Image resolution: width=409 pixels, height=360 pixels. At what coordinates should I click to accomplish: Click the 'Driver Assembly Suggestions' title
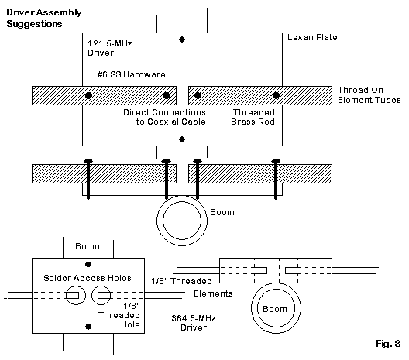pos(44,18)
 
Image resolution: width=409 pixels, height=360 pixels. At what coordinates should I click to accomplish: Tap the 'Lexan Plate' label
pos(312,37)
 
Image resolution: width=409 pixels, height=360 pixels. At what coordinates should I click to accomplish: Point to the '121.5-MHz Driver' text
pos(109,48)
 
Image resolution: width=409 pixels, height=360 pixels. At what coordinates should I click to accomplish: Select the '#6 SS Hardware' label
pos(131,74)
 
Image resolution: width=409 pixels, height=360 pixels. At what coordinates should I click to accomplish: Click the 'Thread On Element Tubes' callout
pos(369,95)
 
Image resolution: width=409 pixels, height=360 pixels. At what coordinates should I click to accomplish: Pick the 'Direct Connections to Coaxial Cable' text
pos(164,117)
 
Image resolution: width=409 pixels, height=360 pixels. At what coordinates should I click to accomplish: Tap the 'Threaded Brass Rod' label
pos(253,117)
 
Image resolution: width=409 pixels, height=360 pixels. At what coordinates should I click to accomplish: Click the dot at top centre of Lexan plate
pos(182,39)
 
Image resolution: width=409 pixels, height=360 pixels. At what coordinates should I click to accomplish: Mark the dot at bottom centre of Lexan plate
pos(182,139)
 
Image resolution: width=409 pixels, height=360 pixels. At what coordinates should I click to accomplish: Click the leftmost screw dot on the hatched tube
pos(88,95)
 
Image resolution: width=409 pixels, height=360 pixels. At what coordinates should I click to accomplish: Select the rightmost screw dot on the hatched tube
pos(276,95)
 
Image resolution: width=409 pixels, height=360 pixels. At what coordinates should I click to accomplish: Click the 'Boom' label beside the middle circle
pos(222,212)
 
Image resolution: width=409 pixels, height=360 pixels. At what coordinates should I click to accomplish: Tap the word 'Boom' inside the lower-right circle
pos(275,309)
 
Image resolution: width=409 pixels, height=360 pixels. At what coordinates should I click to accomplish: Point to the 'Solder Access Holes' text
pos(88,278)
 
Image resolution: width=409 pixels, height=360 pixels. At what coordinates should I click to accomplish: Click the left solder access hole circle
pos(75,295)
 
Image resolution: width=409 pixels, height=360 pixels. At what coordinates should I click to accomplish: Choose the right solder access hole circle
pos(101,295)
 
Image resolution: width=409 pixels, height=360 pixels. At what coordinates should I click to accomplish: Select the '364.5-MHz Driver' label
pos(194,323)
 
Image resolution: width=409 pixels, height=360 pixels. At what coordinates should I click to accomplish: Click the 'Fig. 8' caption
pos(388,344)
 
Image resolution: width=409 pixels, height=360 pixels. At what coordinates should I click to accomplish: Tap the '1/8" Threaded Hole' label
pos(119,315)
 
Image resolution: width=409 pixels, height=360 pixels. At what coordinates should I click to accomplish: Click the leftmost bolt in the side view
pos(88,179)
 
